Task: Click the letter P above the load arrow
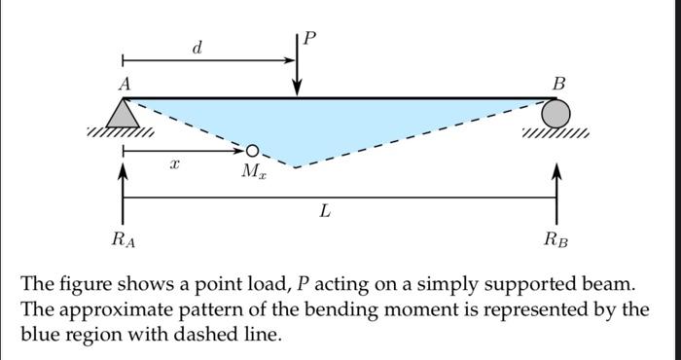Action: [x=309, y=39]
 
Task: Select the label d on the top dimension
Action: [x=197, y=47]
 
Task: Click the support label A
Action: [x=124, y=85]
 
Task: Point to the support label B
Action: [x=557, y=85]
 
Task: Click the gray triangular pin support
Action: [x=123, y=115]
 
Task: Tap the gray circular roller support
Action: [x=556, y=114]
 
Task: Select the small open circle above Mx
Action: [x=253, y=151]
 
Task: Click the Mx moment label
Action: [x=253, y=172]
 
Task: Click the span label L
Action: [x=324, y=212]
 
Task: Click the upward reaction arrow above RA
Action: [x=123, y=185]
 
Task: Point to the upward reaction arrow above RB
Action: [x=556, y=185]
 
